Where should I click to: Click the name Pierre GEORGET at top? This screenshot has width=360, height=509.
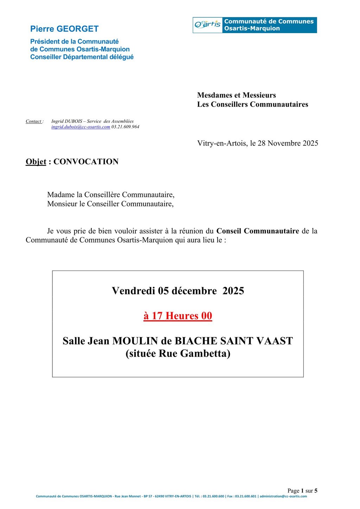coord(64,29)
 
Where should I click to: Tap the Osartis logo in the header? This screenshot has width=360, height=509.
coord(207,25)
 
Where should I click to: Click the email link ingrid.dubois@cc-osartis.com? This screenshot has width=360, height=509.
coord(81,127)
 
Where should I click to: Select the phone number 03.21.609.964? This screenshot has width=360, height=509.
coord(126,127)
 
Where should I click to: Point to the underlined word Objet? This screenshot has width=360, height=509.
coord(36,162)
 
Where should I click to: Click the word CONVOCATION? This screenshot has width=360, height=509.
coord(86,162)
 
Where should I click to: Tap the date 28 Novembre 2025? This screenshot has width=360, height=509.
coord(288,144)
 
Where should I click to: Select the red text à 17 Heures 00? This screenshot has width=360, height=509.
coord(178,316)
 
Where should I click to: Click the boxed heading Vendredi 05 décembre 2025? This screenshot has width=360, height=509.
coord(178,291)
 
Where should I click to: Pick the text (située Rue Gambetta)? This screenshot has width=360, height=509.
coord(178,354)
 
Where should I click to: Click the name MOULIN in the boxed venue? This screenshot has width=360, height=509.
coord(135,341)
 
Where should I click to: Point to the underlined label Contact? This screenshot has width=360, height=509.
coord(34,121)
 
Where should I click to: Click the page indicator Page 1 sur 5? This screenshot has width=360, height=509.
coord(302,491)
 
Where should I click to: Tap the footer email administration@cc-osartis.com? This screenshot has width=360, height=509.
coord(283,496)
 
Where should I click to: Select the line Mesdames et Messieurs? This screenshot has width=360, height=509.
coord(237,95)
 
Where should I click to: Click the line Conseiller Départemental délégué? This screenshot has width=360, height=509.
coord(82,57)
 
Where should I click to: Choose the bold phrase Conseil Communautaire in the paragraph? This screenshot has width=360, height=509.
coord(258,231)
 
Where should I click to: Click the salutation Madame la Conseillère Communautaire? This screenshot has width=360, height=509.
coord(111,195)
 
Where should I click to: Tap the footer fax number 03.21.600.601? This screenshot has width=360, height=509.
coord(246,496)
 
